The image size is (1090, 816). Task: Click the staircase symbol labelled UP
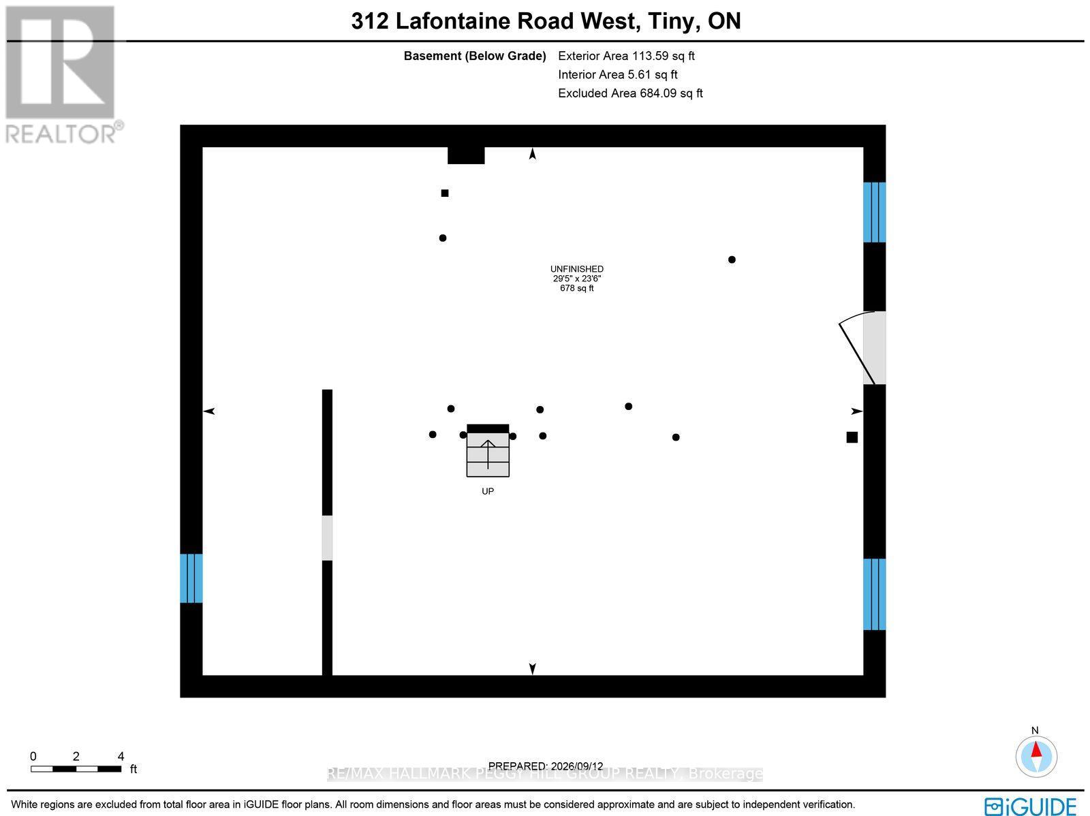[488, 451]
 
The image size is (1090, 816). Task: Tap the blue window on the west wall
[191, 578]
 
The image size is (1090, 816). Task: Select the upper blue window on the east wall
[874, 213]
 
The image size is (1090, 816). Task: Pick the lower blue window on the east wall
[874, 594]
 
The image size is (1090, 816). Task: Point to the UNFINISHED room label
[576, 269]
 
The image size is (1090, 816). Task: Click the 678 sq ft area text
[576, 288]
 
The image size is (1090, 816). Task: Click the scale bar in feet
[76, 769]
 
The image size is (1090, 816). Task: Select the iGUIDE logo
[1031, 806]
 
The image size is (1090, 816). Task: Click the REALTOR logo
[61, 74]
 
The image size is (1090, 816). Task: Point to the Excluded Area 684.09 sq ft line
[630, 93]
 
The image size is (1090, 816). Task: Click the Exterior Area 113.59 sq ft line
[626, 56]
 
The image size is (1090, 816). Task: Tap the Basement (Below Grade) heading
[475, 56]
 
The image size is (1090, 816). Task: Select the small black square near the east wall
[852, 437]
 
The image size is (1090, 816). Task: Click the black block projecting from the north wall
[466, 155]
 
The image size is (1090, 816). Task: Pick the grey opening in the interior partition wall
[327, 538]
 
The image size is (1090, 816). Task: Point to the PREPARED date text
[545, 766]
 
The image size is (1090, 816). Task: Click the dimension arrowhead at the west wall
[209, 411]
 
